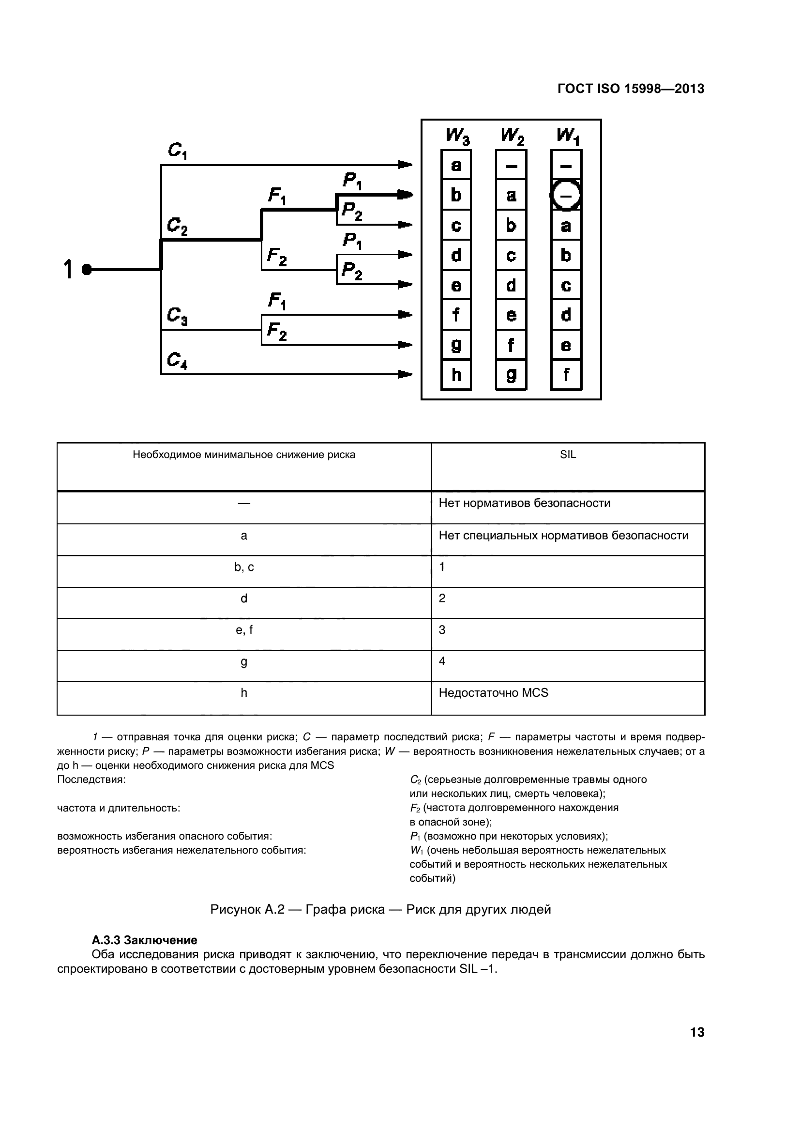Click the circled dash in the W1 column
coord(566,196)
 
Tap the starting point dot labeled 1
coord(87,270)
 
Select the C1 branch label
coord(178,151)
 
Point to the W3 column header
coord(457,136)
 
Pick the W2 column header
coord(512,136)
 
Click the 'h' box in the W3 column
coord(456,375)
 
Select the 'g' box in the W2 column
coord(511,375)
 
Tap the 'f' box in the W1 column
coord(566,375)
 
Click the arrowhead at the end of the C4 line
coord(405,374)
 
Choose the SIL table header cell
coord(568,455)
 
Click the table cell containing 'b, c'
coord(244,567)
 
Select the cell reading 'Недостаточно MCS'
coord(494,693)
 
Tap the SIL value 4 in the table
coord(442,661)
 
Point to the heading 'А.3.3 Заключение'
coord(144,940)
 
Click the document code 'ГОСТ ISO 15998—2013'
coord(631,89)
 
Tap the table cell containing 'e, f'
coord(244,630)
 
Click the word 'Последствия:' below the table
coord(91,780)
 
